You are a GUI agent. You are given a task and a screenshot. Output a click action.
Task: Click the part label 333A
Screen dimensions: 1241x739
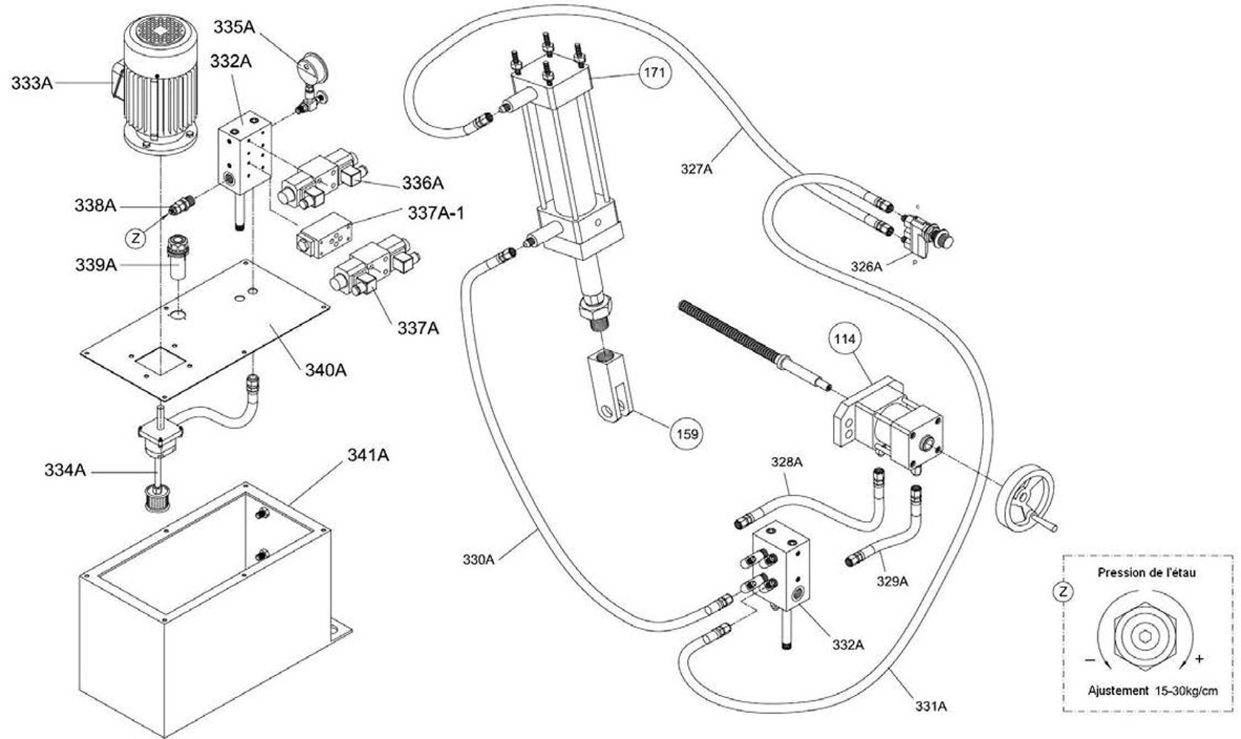(x=32, y=83)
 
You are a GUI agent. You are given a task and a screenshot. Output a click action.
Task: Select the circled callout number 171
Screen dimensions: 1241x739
(x=654, y=73)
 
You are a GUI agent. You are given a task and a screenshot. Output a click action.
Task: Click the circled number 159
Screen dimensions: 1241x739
(x=687, y=434)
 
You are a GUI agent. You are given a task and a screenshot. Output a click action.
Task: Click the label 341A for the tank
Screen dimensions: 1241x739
(x=368, y=455)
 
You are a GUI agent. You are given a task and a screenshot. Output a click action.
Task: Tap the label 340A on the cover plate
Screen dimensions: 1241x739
(x=325, y=370)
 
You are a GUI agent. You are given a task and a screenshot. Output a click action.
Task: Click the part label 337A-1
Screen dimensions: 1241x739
(x=436, y=213)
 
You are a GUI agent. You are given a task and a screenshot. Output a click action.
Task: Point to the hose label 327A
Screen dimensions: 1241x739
(x=696, y=168)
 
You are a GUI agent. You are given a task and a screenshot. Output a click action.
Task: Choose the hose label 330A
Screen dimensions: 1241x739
(x=479, y=559)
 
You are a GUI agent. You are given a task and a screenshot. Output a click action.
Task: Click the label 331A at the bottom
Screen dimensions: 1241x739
(x=931, y=706)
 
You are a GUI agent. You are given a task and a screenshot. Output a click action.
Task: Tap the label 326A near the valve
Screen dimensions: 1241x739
(x=866, y=267)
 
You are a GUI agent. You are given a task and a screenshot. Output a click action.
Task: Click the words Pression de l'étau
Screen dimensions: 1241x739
(x=1147, y=573)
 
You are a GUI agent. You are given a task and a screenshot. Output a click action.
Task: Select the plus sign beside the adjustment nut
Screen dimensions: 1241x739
(x=1199, y=658)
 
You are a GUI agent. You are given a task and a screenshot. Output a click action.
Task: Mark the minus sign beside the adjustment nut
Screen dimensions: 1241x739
(x=1090, y=660)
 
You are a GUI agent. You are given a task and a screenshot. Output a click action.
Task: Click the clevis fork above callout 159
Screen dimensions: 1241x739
(x=612, y=386)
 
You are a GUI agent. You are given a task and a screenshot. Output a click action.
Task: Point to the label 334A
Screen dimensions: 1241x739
(x=64, y=469)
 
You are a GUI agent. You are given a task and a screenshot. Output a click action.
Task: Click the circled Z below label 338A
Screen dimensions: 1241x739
(x=136, y=238)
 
